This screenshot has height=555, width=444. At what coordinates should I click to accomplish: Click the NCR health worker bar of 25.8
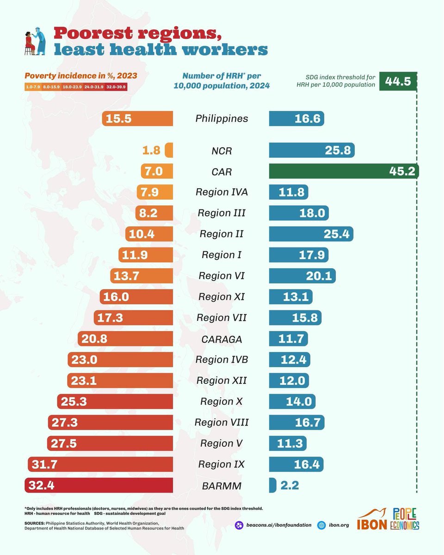[312, 150]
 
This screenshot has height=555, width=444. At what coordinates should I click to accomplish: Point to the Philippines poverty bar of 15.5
[137, 118]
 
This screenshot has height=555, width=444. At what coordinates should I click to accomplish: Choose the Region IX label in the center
[222, 464]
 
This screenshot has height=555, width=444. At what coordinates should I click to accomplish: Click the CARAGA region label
[222, 339]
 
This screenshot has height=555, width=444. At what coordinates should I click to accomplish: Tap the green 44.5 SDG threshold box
[397, 82]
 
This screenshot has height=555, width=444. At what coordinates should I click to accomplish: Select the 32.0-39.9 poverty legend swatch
[118, 86]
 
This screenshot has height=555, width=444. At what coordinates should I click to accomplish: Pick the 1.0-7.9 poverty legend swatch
[33, 86]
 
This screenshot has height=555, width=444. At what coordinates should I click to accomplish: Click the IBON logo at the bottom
[373, 522]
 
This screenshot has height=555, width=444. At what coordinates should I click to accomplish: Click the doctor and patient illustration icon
[35, 43]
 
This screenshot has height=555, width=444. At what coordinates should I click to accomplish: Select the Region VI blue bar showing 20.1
[302, 276]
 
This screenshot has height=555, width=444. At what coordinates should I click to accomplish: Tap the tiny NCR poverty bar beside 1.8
[169, 150]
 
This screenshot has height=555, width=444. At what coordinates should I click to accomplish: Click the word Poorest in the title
[90, 34]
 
